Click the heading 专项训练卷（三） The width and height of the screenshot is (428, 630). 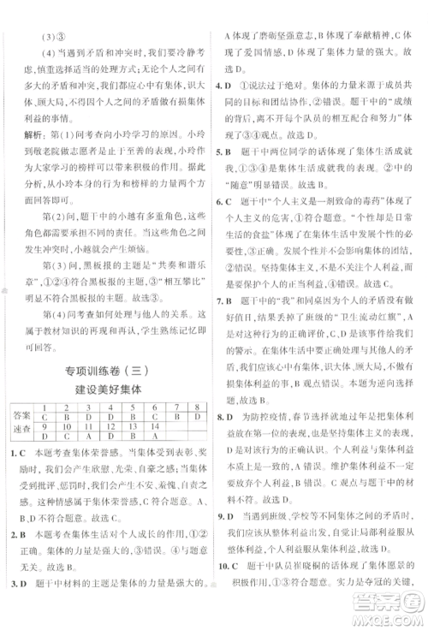pyautogui.click(x=105, y=369)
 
